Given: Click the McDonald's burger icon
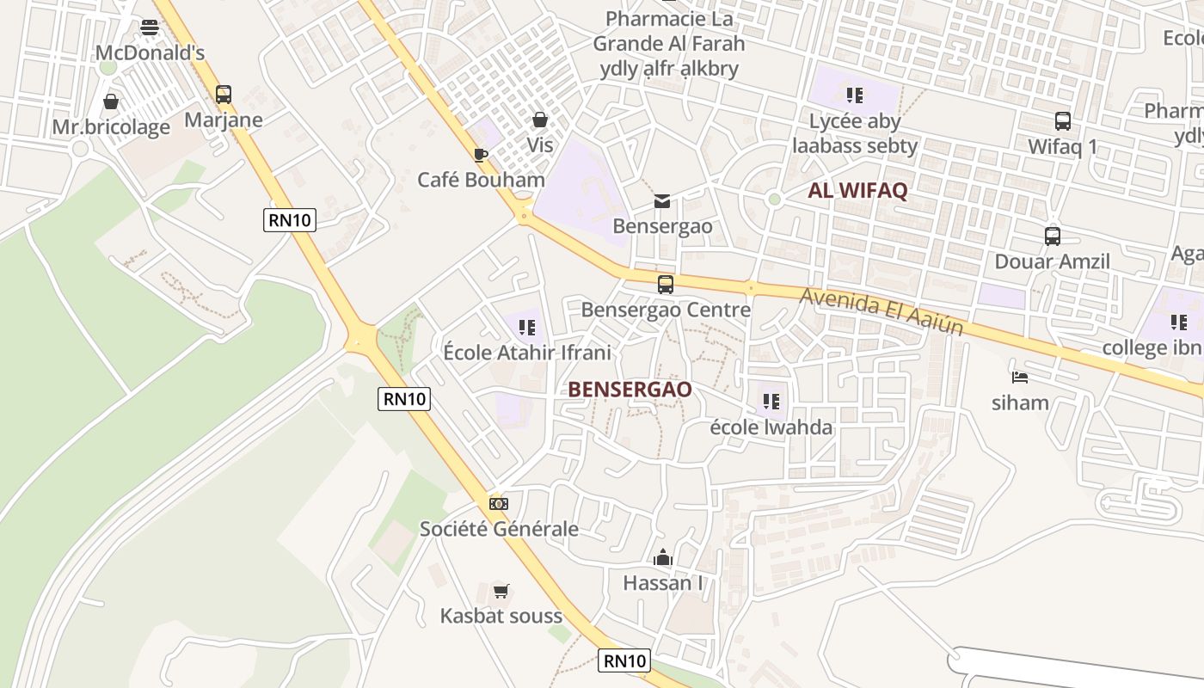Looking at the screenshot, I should (150, 28).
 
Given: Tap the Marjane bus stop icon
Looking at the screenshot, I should (224, 95).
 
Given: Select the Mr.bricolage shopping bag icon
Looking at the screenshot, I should (111, 102).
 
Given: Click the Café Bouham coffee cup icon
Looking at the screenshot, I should (481, 155).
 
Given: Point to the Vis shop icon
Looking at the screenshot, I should (540, 120).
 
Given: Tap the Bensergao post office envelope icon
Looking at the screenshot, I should (662, 201).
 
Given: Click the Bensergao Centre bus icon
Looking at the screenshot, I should (666, 285).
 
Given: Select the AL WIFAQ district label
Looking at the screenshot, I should (857, 191).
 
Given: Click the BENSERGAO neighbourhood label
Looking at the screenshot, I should (630, 390).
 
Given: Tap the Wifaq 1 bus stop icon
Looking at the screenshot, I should (1063, 121).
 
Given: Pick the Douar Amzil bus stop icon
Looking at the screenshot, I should (1053, 236).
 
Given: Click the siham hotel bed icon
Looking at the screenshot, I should (1020, 378).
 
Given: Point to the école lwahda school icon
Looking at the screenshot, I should (771, 402).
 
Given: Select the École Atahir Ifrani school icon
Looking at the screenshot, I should (527, 328).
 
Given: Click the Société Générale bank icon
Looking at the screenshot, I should (499, 503).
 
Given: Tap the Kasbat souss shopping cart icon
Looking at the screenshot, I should (501, 591).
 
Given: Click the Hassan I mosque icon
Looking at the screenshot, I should (662, 558).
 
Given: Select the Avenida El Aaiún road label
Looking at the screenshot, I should (881, 312).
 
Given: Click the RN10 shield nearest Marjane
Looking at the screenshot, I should (290, 220).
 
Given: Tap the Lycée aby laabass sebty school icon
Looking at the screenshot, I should (854, 95).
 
